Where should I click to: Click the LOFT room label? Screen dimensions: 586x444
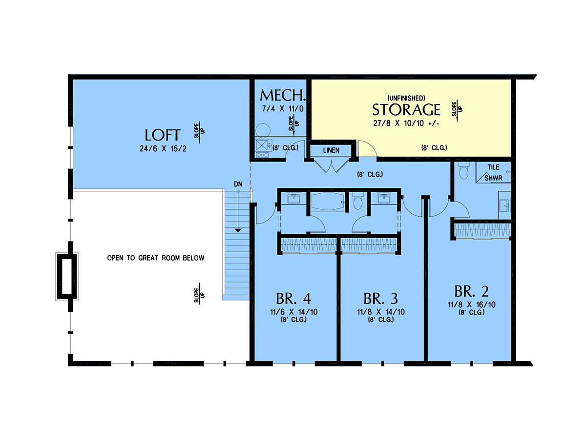click(x=162, y=135)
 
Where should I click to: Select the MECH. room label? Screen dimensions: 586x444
click(x=282, y=95)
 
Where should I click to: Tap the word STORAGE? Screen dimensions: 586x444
click(x=406, y=110)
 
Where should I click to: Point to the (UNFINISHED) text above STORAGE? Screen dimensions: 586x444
click(x=406, y=98)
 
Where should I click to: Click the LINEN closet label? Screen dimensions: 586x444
click(x=331, y=150)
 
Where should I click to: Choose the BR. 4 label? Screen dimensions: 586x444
click(x=293, y=299)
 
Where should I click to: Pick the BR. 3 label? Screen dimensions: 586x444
click(x=380, y=299)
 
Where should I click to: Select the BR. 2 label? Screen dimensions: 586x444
click(x=471, y=291)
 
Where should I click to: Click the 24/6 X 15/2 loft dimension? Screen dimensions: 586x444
click(x=163, y=148)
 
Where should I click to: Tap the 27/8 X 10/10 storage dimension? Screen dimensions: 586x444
click(x=406, y=123)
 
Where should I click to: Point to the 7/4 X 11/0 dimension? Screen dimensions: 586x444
click(x=283, y=109)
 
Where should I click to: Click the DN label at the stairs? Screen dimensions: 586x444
click(x=238, y=184)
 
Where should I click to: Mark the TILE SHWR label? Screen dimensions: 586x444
click(x=493, y=173)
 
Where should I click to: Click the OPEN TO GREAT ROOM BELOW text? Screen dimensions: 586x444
click(x=156, y=258)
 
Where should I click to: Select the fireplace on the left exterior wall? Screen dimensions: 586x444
click(x=67, y=276)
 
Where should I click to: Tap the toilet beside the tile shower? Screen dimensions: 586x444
click(x=464, y=170)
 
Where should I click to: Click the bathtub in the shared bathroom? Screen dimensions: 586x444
click(x=328, y=202)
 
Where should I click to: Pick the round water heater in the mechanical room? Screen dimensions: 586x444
click(x=263, y=131)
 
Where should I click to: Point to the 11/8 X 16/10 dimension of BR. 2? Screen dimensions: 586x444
click(x=471, y=304)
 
